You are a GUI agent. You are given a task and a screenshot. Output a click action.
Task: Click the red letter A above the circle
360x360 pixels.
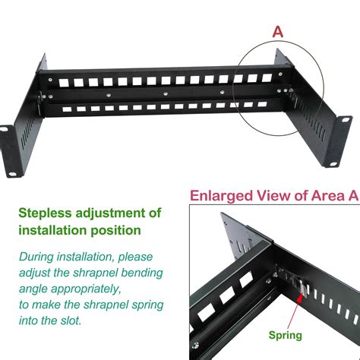(278, 32)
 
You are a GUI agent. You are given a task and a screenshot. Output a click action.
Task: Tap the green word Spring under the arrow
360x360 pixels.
(286, 336)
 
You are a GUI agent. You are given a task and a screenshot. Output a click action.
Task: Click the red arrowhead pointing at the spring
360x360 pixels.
(300, 298)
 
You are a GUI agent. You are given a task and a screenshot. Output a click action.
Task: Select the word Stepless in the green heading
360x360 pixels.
(45, 213)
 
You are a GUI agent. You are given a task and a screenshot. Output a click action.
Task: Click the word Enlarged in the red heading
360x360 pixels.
(222, 196)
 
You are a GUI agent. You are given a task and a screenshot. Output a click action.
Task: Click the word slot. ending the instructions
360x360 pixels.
(71, 321)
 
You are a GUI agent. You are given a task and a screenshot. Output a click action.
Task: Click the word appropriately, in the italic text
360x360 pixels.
(86, 289)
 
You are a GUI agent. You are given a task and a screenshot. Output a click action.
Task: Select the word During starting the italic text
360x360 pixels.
(36, 257)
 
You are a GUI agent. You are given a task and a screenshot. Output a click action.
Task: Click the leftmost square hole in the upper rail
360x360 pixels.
(64, 83)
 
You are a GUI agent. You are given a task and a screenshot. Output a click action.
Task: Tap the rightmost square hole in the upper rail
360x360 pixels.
(267, 77)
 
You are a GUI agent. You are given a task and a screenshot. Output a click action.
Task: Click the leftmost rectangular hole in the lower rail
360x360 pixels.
(67, 109)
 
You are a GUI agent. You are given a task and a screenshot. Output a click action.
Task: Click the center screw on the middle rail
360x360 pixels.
(166, 93)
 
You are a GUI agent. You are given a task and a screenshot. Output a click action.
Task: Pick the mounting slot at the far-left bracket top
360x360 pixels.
(4, 129)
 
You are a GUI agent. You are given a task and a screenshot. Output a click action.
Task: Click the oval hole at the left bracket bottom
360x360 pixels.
(11, 174)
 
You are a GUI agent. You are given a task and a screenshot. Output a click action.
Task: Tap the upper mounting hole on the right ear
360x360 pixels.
(346, 120)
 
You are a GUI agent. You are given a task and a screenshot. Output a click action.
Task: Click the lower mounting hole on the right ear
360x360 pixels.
(333, 165)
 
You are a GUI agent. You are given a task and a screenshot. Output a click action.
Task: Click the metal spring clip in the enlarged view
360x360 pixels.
(302, 288)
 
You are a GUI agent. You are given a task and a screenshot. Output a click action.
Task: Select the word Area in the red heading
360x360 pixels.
(327, 196)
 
